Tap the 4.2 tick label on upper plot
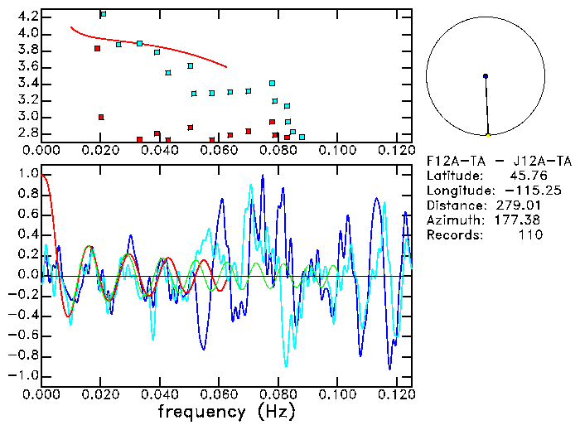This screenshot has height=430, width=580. tap(27, 17)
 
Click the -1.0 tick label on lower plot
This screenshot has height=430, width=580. tap(25, 375)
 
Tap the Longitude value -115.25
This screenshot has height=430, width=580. tap(522, 191)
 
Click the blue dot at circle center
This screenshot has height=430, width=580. tap(486, 76)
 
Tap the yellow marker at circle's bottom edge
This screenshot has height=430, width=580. tap(488, 134)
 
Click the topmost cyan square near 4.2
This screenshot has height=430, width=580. tap(103, 14)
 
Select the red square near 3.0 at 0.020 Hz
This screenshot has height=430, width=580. tap(101, 118)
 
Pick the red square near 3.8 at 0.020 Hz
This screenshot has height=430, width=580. tap(98, 48)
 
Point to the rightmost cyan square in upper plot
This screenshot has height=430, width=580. tap(302, 137)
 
